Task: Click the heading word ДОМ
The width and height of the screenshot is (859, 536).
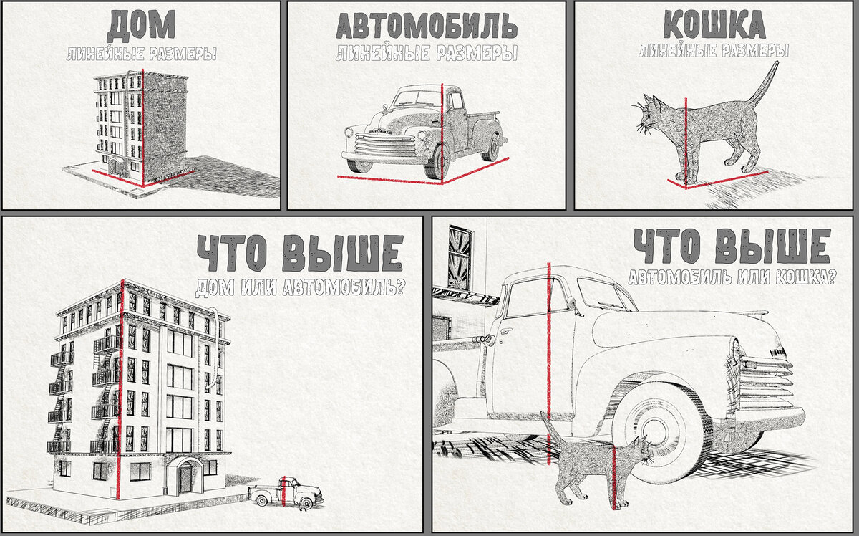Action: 140,27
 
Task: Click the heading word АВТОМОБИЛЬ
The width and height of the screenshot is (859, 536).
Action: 427,27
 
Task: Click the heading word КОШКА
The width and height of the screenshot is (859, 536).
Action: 713,27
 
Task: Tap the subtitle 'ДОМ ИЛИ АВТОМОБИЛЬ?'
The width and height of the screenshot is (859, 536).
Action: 300,288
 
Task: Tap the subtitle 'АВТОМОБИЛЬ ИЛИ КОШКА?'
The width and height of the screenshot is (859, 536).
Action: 732,277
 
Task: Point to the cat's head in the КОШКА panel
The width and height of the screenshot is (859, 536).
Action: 650,114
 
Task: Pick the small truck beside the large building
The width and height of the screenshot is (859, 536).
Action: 286,494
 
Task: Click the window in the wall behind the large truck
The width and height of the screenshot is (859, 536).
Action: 458,258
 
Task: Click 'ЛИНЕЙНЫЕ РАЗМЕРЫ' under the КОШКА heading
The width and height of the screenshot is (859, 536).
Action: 713,52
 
